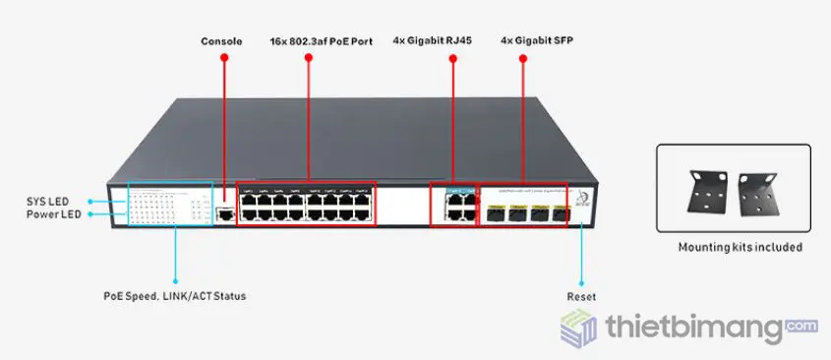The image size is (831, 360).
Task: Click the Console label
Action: click(221, 41)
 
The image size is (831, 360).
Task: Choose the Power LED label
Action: click(53, 215)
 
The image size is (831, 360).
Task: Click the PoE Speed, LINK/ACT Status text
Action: click(175, 295)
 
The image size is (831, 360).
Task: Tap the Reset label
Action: click(581, 296)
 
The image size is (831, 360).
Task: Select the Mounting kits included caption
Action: click(734, 247)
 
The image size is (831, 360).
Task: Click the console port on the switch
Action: click(225, 212)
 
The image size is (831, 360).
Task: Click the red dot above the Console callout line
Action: click(223, 58)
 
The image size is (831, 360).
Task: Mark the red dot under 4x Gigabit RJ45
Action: click(452, 58)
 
